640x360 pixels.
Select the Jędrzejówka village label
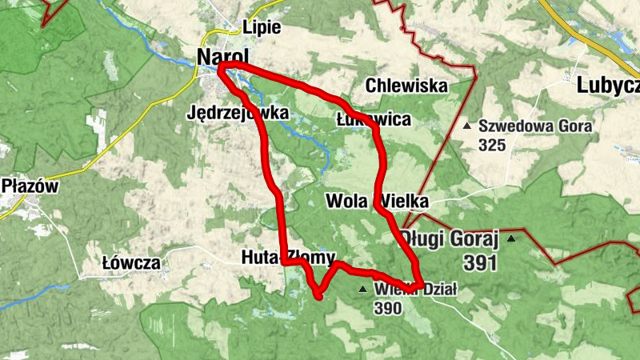(239, 113)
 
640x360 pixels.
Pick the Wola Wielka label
(378, 200)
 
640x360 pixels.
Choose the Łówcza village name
(132, 262)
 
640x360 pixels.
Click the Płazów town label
(30, 186)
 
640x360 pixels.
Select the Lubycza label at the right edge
(607, 86)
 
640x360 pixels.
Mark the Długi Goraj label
(450, 238)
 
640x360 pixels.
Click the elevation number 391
(480, 262)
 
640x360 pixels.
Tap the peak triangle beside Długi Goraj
(511, 238)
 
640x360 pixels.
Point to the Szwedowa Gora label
(535, 126)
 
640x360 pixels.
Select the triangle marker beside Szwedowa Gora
(468, 126)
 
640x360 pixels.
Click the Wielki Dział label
(416, 290)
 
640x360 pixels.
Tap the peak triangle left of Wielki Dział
(363, 289)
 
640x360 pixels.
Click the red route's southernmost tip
(319, 298)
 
